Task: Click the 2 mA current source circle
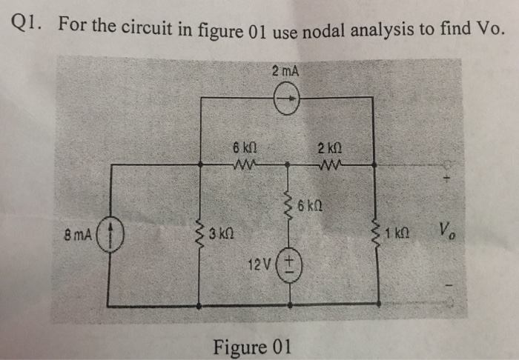click(x=286, y=99)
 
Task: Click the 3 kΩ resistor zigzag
click(x=199, y=236)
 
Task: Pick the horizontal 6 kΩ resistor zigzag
click(x=243, y=164)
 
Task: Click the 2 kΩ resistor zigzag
click(x=326, y=164)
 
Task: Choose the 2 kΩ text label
click(x=327, y=146)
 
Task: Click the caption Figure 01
click(x=252, y=346)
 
